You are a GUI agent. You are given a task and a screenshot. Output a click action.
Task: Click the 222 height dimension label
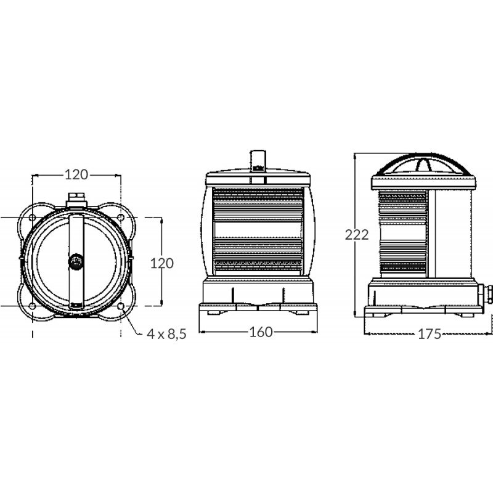[x=357, y=235]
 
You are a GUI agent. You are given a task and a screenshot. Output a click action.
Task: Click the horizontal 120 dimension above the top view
[x=76, y=175]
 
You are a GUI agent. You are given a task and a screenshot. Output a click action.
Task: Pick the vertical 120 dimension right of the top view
[x=162, y=263]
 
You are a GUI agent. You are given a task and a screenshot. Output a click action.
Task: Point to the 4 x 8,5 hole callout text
[x=166, y=334]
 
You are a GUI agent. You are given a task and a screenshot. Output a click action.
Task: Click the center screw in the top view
[x=76, y=261]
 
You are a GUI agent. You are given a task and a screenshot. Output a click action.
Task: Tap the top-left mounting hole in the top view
[x=31, y=218]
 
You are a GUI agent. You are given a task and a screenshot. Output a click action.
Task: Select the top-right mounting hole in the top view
[x=120, y=218]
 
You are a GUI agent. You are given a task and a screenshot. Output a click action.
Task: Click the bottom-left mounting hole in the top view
[x=31, y=306]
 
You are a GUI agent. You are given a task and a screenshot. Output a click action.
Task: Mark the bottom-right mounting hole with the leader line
[x=120, y=306]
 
